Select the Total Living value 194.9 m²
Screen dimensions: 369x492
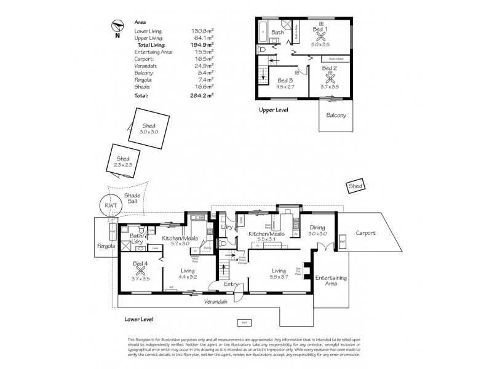[202, 45]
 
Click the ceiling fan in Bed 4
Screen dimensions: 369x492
[141, 269]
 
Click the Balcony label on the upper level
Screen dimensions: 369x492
[336, 115]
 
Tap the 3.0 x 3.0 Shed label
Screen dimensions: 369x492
[149, 128]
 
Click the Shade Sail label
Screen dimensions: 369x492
[132, 199]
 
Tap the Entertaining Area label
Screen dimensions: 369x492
[331, 280]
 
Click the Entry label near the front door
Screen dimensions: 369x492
[231, 284]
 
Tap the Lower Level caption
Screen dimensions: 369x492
[138, 320]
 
